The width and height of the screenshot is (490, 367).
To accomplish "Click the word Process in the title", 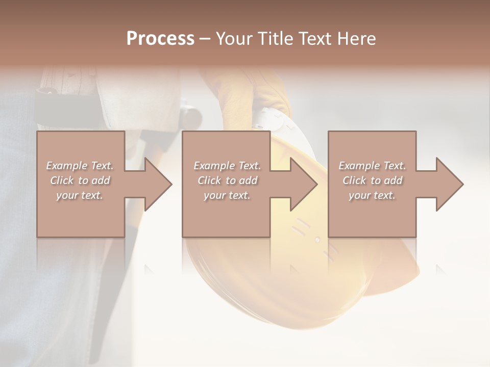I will click(x=160, y=39).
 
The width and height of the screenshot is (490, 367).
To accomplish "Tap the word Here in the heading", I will click(x=357, y=39).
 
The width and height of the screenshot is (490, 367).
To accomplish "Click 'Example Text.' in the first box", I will click(x=80, y=166).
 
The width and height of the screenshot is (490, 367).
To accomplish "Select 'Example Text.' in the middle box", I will click(x=227, y=166).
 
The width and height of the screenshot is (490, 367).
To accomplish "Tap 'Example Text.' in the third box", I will click(x=372, y=166).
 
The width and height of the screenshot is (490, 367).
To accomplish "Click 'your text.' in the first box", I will click(x=80, y=195).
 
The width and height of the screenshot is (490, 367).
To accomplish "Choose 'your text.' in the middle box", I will click(x=227, y=195).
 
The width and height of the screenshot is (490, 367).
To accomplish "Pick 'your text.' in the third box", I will click(x=372, y=195).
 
